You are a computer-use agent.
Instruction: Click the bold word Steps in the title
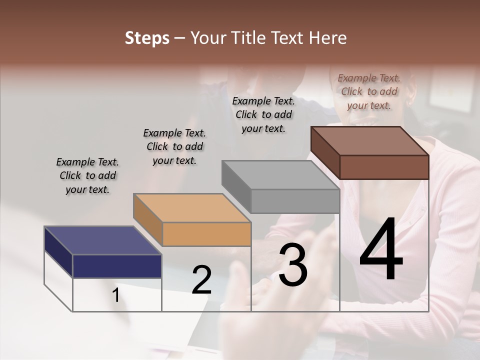pyautogui.click(x=146, y=38)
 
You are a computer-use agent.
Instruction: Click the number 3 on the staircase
pyautogui.click(x=293, y=265)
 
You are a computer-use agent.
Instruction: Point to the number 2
pyautogui.click(x=201, y=280)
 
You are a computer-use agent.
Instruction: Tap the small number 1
pyautogui.click(x=115, y=296)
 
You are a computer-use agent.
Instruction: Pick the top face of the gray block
pyautogui.click(x=280, y=175)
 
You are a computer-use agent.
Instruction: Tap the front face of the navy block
pyautogui.click(x=117, y=266)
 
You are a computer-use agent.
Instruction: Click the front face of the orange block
pyautogui.click(x=206, y=234)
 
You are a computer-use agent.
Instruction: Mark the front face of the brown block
pyautogui.click(x=384, y=167)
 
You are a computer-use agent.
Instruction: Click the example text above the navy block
pyautogui.click(x=87, y=175)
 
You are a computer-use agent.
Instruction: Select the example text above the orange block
pyautogui.click(x=174, y=146)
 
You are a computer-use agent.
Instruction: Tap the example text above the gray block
pyautogui.click(x=263, y=114)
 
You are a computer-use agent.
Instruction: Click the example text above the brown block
pyautogui.click(x=369, y=91)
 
